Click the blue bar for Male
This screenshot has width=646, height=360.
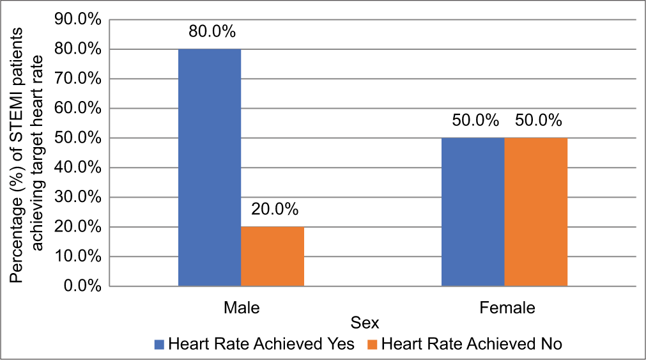click(x=210, y=168)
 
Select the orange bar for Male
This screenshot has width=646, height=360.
click(x=272, y=256)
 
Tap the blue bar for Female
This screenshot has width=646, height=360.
click(x=473, y=212)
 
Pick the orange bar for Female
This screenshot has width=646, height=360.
click(x=535, y=212)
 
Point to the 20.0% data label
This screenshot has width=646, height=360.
click(x=273, y=210)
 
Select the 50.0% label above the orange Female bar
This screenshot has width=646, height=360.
click(x=535, y=121)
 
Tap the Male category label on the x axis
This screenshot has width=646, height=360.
click(x=242, y=308)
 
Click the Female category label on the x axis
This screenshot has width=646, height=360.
click(x=507, y=308)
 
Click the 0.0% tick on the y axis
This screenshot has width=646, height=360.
click(x=81, y=286)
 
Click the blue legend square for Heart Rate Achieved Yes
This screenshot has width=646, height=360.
click(x=159, y=344)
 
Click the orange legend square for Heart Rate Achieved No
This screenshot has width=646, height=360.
click(x=372, y=344)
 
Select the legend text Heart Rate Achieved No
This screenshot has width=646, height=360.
click(x=472, y=344)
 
